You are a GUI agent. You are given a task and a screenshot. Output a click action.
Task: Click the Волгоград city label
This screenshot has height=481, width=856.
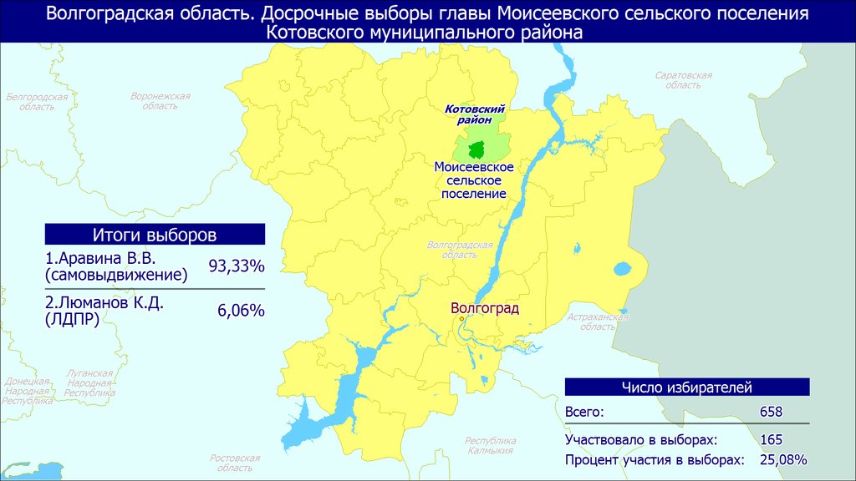coord(485,309)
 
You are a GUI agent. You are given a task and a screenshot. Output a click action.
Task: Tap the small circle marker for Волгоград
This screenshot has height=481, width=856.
coord(461,319)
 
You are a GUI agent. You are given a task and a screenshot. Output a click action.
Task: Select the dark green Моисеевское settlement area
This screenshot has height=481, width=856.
coord(476,149)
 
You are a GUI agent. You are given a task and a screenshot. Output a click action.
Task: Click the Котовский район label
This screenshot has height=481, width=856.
coord(475,114)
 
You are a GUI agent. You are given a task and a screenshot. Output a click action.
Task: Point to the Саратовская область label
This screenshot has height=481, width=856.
coord(684,80)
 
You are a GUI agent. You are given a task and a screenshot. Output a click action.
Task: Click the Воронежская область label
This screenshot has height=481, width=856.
coord(160,101)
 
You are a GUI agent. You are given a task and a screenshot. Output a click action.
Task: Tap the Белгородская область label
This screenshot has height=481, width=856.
coord(37,102)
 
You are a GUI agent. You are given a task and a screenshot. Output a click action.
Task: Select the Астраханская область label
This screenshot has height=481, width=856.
coord(597,322)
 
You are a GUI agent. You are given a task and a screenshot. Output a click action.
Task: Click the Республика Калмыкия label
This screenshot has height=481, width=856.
coord(490,446)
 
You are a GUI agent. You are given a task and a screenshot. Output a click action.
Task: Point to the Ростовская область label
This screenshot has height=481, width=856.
coord(235,463)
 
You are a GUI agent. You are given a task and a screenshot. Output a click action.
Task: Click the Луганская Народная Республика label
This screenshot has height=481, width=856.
coord(89,382)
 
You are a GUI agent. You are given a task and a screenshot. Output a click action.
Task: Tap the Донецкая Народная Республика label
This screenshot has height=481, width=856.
coord(28,391)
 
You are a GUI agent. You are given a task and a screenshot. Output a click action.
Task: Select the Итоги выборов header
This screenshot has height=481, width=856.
coord(155,235)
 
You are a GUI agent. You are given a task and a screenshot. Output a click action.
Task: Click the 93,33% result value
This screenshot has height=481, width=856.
coord(237,266)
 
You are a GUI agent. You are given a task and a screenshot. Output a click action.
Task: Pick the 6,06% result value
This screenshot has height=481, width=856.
coord(241,311)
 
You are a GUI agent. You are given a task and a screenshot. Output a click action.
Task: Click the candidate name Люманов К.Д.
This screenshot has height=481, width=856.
coord(104,302)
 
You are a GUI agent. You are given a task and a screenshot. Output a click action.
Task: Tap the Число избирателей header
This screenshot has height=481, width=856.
coord(687,387)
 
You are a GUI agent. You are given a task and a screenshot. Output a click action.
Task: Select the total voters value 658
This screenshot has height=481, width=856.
coord(771,412)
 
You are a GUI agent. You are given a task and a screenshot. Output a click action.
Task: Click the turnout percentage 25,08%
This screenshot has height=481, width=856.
coord(783,460)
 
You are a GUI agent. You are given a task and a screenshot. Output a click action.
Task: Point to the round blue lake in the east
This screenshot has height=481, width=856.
coord(622,269)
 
